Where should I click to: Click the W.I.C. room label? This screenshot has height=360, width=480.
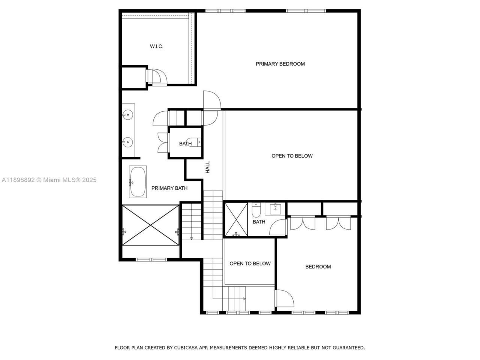coord(156,46)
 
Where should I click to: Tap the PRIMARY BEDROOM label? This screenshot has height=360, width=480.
coord(280,64)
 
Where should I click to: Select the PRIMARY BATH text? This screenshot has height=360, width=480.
coord(169,188)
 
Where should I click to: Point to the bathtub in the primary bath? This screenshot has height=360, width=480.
coord(138,182)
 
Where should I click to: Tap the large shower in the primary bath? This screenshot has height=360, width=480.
coord(150,225)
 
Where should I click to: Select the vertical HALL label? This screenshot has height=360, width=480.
coord(208,167)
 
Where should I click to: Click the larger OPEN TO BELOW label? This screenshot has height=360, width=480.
coord(292,156)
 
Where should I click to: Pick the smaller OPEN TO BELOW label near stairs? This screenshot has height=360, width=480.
coord(250,264)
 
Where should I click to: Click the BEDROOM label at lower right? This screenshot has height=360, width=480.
coord(318,267)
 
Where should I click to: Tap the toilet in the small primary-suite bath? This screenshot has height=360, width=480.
coord(194,142)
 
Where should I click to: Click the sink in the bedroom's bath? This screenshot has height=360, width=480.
coord(275,208)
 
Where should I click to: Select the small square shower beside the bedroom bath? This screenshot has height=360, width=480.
coord(236,220)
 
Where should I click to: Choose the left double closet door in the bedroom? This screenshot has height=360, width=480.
coord(303,223)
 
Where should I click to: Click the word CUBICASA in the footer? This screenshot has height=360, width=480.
coord(184,348)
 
